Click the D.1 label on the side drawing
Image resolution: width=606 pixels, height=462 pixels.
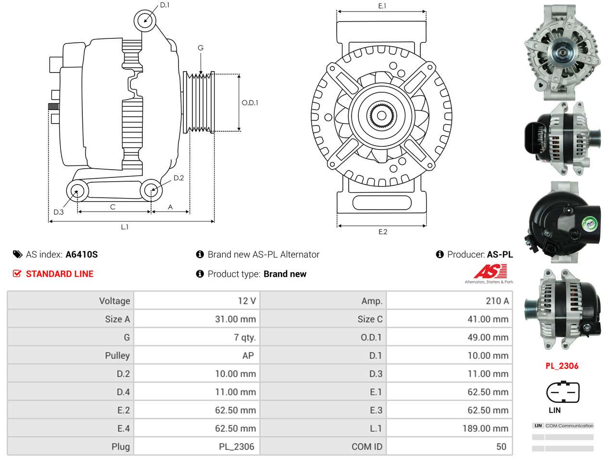click(164, 5)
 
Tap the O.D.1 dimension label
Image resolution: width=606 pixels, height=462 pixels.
click(250, 102)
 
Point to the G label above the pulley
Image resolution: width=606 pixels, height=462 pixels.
click(201, 48)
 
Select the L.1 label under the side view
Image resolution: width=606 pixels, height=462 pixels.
click(125, 227)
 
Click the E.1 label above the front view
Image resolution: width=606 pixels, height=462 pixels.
click(382, 6)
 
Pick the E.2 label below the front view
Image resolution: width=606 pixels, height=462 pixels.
click(382, 232)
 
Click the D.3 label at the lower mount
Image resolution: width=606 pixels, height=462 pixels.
click(59, 212)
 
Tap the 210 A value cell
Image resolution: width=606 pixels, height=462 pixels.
click(497, 301)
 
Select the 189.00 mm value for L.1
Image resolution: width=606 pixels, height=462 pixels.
click(485, 428)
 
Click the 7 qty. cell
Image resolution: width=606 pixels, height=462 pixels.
click(245, 337)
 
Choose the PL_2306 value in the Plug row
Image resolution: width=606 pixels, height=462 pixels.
click(236, 447)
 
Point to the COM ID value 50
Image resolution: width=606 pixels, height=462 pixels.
click(501, 447)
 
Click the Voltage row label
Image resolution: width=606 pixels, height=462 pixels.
click(114, 301)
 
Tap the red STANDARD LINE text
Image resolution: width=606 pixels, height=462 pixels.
click(60, 274)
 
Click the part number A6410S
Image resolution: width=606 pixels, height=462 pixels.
click(82, 254)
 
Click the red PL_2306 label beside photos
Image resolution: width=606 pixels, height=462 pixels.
click(562, 366)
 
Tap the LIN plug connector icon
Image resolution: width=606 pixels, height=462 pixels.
click(562, 393)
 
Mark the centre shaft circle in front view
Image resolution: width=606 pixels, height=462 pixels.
click(381, 115)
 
